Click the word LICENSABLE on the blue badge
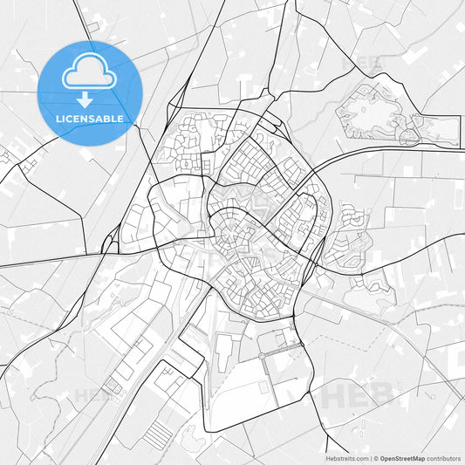pos(90,118)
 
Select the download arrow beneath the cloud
pos(85,99)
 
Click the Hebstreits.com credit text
pos(341,457)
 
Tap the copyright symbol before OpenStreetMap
pos(375,457)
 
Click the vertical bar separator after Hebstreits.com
pos(370,457)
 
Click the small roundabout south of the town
pos(261,355)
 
